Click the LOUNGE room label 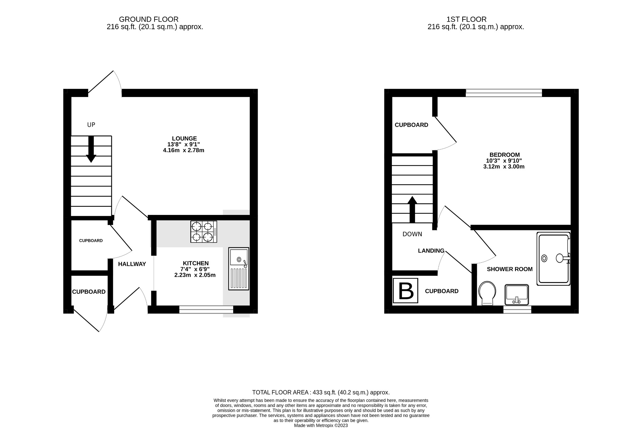point(184,138)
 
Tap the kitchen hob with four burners point(203,232)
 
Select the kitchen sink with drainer point(239,269)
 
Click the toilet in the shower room point(487,293)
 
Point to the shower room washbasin point(517,294)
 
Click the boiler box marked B point(406,291)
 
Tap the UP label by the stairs point(91,125)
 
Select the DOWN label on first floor point(412,234)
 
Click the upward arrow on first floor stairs point(412,209)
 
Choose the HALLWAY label point(132,264)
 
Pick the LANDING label point(431,251)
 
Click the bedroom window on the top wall point(504,93)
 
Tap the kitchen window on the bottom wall point(206,310)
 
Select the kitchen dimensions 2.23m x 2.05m point(195,275)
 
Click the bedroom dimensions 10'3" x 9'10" point(504,161)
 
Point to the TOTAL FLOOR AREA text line point(321,392)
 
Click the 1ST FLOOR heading point(466,19)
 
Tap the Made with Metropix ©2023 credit point(321,425)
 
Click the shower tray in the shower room point(553,259)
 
